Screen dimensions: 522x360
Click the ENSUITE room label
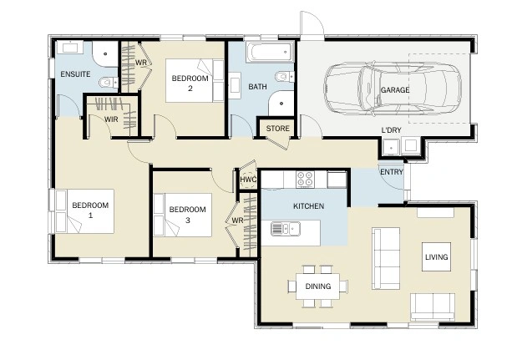pos(75,74)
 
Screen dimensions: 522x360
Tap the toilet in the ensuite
pos(109,82)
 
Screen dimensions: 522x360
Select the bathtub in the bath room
pos(271,52)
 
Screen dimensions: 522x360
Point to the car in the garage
pos(393,89)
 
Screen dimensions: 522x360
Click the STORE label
pos(277,129)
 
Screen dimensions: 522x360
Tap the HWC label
pos(248,180)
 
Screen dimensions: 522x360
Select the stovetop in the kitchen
pos(305,180)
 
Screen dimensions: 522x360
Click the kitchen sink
pos(286,229)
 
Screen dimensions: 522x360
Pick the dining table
pos(318,286)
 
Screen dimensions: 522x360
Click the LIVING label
pos(437,256)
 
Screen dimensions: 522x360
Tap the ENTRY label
pos(392,172)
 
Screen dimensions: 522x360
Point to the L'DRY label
pos(391,129)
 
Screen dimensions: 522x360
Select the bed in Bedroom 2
pos(195,80)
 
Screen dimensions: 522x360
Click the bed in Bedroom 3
pos(183,215)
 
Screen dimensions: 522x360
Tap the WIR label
pos(111,119)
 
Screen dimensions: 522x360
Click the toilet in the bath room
pos(285,76)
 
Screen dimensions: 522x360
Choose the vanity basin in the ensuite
pos(70,47)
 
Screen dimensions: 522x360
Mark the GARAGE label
pos(395,90)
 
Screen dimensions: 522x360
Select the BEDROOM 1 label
pos(90,210)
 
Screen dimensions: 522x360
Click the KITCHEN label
pos(308,206)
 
